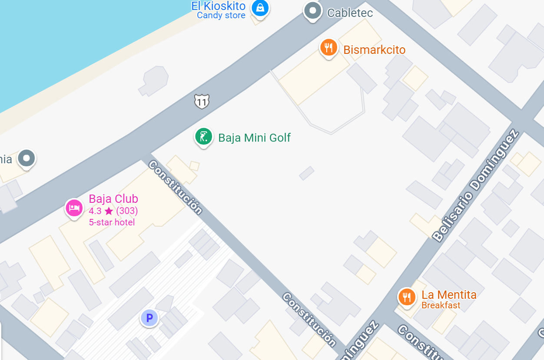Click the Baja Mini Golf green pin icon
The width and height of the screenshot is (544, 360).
point(203,137)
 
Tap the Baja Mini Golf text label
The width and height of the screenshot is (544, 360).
point(254,138)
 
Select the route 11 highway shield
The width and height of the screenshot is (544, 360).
point(202,101)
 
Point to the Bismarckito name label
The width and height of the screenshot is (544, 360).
point(374,50)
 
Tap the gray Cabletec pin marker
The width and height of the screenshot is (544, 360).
point(312,11)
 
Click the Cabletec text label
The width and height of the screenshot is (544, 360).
point(350,13)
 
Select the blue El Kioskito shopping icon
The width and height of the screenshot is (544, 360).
point(260,7)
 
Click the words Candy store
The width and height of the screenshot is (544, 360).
point(221,16)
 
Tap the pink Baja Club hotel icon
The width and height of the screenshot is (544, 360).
point(74,208)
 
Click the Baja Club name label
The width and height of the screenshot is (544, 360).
point(113,199)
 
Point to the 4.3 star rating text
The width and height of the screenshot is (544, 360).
point(113,211)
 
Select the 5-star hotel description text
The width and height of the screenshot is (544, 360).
point(112,222)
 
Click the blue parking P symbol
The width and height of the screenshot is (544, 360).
point(149,318)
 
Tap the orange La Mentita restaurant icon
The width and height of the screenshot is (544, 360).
point(407,297)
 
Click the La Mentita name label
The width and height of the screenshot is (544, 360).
point(449,295)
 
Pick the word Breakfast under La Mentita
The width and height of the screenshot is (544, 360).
point(441,305)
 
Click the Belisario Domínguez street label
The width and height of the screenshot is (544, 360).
point(476,185)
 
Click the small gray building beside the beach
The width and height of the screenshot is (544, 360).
point(154,81)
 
